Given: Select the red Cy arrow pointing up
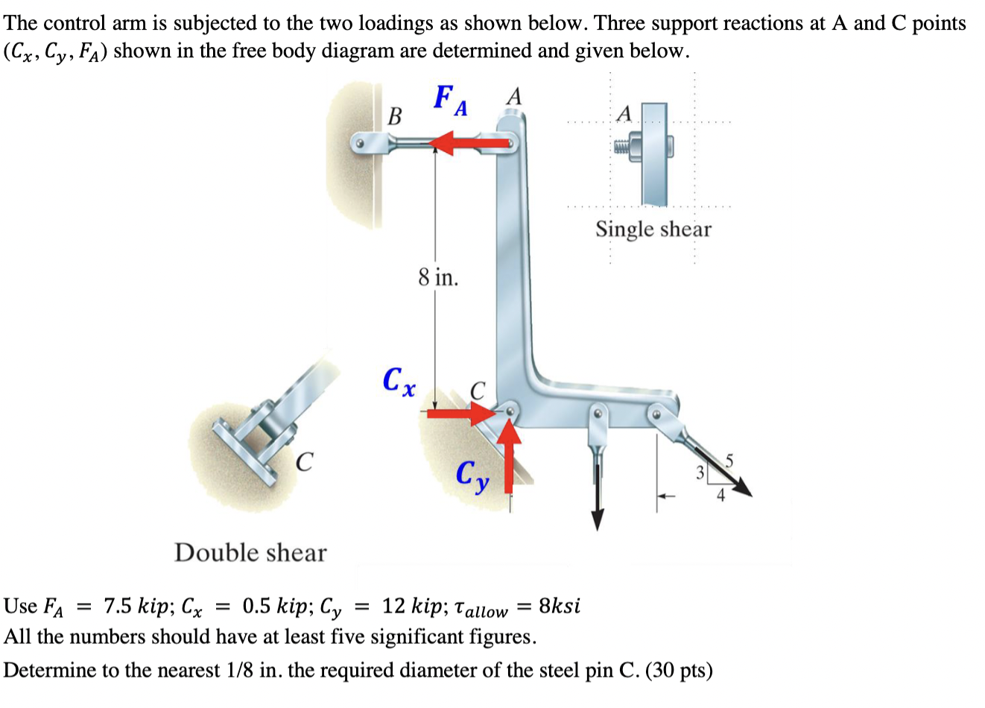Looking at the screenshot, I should pyautogui.click(x=509, y=455).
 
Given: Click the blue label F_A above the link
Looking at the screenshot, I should pyautogui.click(x=451, y=101).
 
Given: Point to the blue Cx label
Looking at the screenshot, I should pyautogui.click(x=399, y=381).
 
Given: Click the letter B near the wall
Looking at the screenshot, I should pyautogui.click(x=395, y=116).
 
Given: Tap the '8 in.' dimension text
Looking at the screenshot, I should pyautogui.click(x=438, y=278).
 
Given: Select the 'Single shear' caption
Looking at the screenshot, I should pyautogui.click(x=653, y=230).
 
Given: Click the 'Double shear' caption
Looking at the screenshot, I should pyautogui.click(x=250, y=553).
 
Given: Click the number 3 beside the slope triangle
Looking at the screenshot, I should pyautogui.click(x=699, y=472).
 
